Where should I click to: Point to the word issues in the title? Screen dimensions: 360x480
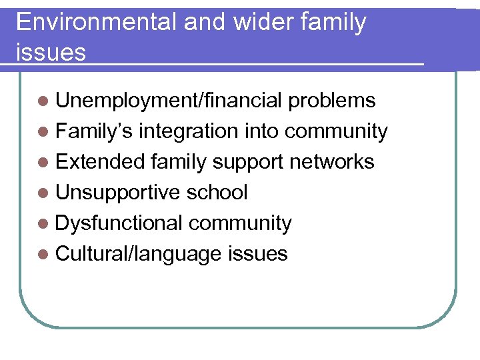[x=51, y=52]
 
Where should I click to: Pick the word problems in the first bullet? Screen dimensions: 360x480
[x=331, y=101]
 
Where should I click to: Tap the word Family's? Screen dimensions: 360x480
[x=95, y=131]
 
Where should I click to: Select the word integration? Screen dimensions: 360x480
[x=191, y=131]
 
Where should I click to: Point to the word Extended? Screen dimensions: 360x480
[x=101, y=162]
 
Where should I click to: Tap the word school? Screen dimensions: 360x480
[x=217, y=193]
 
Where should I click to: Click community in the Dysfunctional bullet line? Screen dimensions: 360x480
[x=240, y=223]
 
